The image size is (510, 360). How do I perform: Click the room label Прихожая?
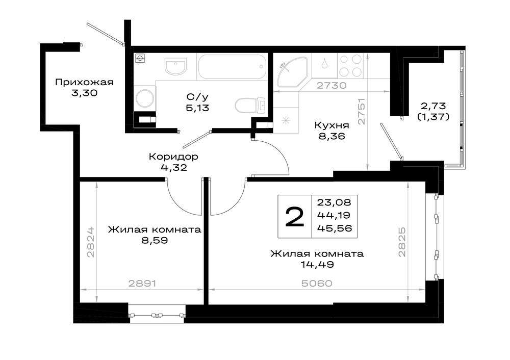pyautogui.click(x=84, y=82)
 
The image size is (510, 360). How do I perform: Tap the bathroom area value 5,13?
pyautogui.click(x=197, y=108)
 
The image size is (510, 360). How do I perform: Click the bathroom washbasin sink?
pyautogui.click(x=175, y=66)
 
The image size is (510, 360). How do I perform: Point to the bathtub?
pyautogui.click(x=232, y=66)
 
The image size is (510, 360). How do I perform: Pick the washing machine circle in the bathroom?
pyautogui.click(x=145, y=97)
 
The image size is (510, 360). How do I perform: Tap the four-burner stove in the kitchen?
pyautogui.click(x=351, y=65)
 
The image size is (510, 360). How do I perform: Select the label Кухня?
pyautogui.click(x=332, y=125)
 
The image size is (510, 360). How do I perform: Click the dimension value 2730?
pyautogui.click(x=331, y=86)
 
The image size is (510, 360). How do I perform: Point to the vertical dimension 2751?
pyautogui.click(x=362, y=111)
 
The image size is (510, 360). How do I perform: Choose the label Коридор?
pyautogui.click(x=173, y=157)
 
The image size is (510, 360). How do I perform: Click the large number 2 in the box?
pyautogui.click(x=294, y=217)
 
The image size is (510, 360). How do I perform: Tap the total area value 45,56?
pyautogui.click(x=335, y=228)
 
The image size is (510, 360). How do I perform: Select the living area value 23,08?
pyautogui.click(x=335, y=202)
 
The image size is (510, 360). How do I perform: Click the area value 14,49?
pyautogui.click(x=317, y=265)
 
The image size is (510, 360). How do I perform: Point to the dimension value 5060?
pyautogui.click(x=317, y=284)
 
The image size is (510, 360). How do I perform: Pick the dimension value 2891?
pyautogui.click(x=142, y=284)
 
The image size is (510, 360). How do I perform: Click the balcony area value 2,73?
pyautogui.click(x=433, y=106)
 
